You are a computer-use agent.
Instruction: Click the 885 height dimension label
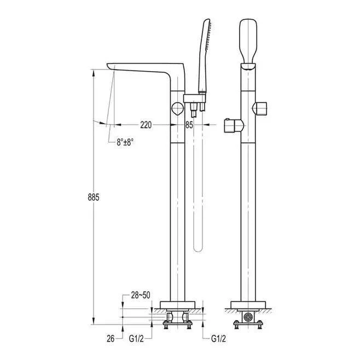click(94, 197)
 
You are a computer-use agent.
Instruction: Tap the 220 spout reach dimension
click(146, 125)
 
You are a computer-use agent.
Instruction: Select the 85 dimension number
click(189, 125)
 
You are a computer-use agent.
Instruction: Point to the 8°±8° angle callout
click(125, 142)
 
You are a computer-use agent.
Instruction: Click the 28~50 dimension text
click(141, 295)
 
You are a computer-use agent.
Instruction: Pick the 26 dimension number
click(111, 339)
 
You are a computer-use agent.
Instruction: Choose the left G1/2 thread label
click(136, 339)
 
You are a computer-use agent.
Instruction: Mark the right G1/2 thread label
click(218, 339)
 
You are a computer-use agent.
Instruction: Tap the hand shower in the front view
click(248, 41)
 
